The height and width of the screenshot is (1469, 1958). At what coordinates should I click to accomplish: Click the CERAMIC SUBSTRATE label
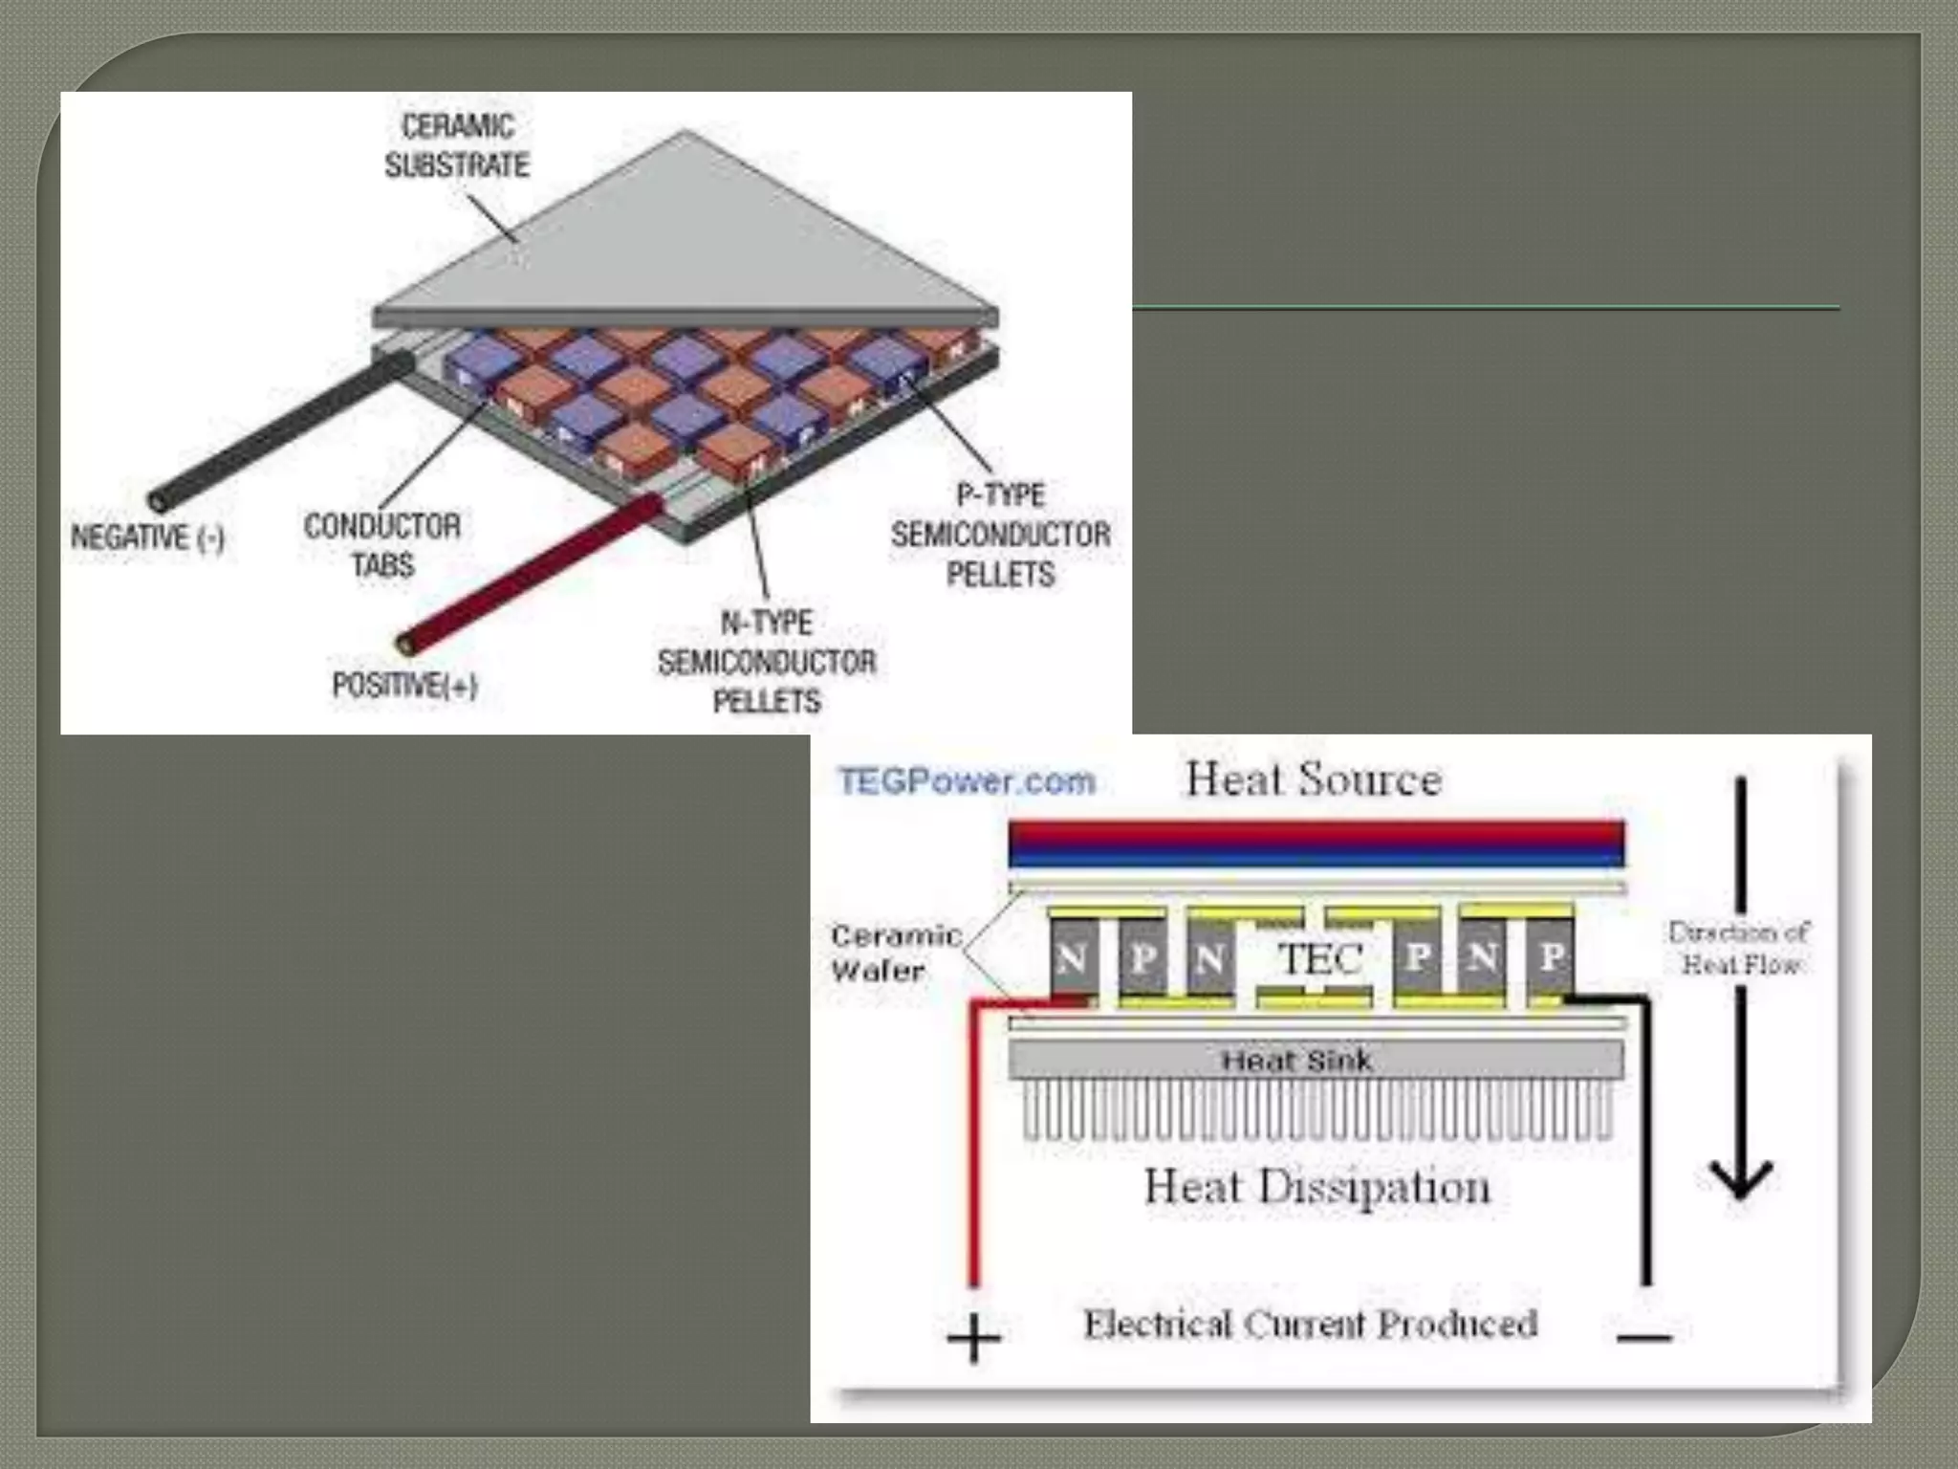[457, 145]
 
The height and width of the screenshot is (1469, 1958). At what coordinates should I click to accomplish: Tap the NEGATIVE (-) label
[147, 537]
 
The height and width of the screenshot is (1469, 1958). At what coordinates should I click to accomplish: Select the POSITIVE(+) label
[404, 685]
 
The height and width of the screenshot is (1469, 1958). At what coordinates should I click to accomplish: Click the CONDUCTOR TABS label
[382, 545]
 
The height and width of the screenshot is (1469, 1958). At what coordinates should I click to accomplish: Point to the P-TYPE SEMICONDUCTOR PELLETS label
[1000, 535]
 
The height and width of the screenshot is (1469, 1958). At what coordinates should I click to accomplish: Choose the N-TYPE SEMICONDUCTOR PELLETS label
[767, 662]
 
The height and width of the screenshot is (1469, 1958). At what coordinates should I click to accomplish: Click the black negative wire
[277, 431]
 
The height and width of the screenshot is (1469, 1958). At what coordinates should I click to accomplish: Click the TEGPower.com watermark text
[967, 781]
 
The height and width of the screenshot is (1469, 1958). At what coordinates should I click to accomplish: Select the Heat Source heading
[1314, 779]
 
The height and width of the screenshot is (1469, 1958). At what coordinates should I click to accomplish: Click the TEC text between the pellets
[1321, 958]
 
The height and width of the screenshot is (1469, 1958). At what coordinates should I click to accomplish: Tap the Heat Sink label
[1297, 1060]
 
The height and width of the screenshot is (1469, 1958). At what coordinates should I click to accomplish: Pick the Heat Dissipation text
[1317, 1187]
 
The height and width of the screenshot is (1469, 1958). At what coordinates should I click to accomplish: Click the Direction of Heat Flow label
[1739, 947]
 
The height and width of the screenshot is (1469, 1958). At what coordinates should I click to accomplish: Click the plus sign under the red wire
[973, 1338]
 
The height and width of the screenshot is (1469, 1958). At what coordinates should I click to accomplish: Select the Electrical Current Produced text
[1310, 1325]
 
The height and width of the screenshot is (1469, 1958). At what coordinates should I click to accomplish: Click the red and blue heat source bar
[1316, 844]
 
